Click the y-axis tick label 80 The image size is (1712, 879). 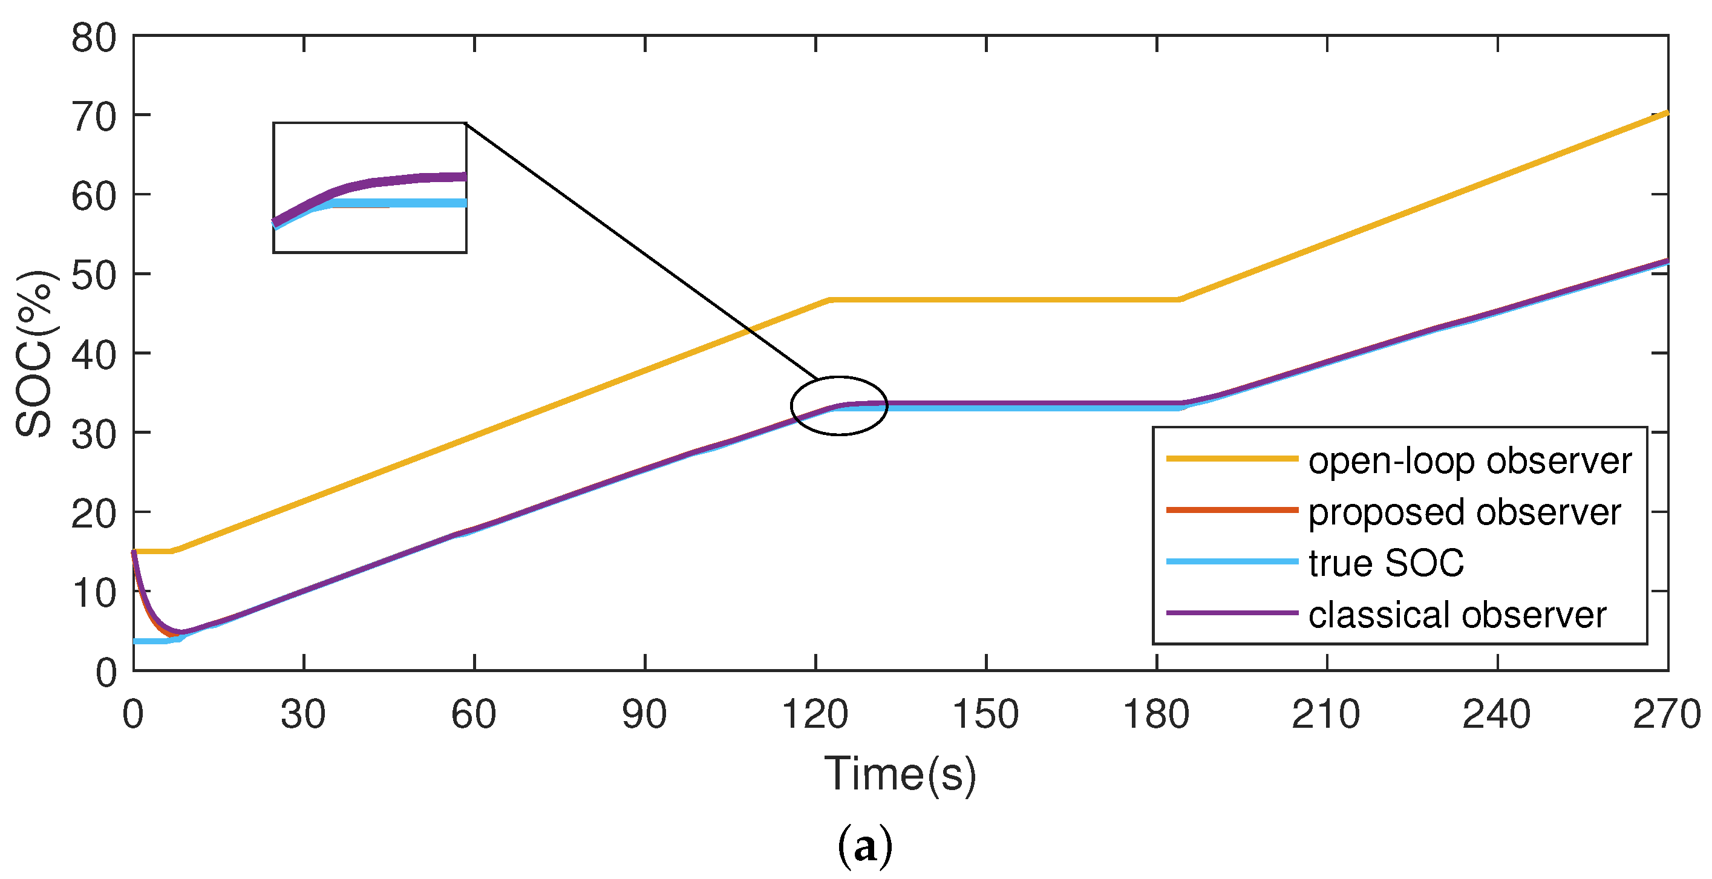(x=94, y=39)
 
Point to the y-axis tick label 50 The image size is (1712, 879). (x=94, y=276)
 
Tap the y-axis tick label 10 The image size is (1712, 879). (x=94, y=593)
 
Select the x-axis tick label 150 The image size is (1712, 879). (x=985, y=715)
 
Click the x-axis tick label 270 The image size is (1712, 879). (x=1667, y=715)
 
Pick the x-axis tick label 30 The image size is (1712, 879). (x=303, y=715)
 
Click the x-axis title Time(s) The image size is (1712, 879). (x=900, y=775)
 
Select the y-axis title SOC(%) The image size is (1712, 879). (x=34, y=353)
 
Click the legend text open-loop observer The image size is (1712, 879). (x=1469, y=460)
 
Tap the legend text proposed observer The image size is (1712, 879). (x=1464, y=512)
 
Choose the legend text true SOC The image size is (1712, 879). (x=1386, y=563)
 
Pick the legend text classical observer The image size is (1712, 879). (x=1457, y=615)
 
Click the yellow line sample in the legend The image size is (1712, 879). (x=1232, y=459)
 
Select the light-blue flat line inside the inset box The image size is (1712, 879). (x=425, y=203)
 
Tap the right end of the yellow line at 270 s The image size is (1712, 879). (x=1665, y=114)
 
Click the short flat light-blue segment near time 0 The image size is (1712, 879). (x=149, y=641)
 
